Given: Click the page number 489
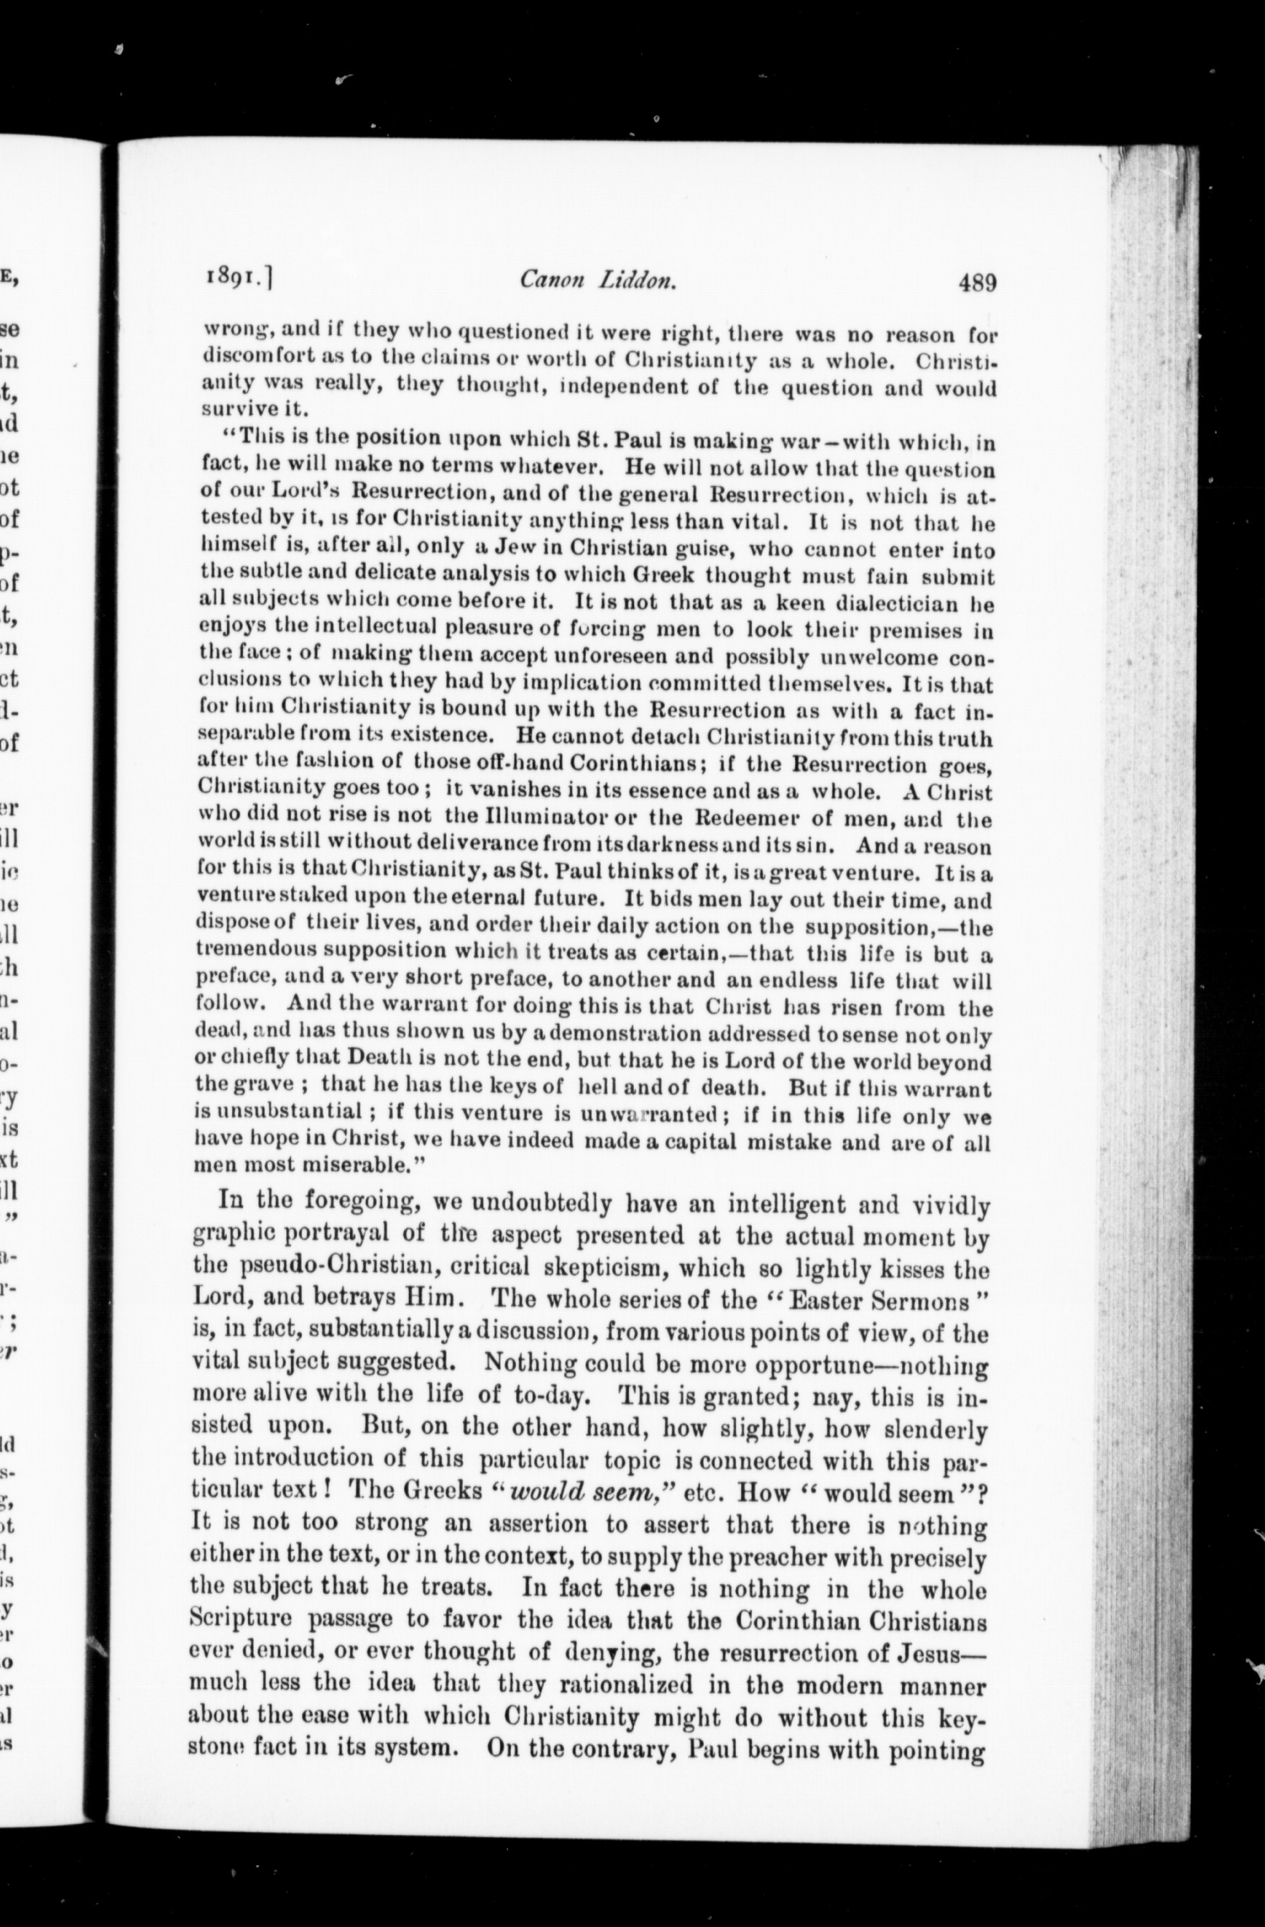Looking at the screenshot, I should pos(977,283).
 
